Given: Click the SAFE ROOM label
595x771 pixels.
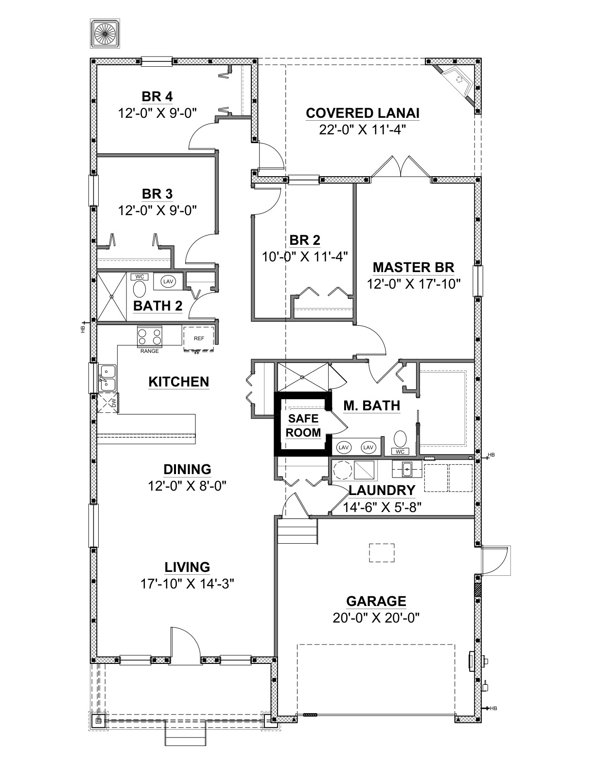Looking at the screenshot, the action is pos(303,425).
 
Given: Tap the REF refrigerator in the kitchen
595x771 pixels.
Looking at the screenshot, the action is pos(199,338).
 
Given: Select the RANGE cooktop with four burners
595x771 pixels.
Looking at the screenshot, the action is pos(150,336).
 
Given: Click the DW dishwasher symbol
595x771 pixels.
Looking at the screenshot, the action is pos(107,403).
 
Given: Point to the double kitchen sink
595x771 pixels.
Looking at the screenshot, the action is pos(107,377).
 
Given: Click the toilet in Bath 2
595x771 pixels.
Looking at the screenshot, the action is pos(139,286).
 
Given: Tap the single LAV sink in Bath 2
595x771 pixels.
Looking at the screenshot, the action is pos(168,281).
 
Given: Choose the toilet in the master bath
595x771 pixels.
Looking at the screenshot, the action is pos(401,442).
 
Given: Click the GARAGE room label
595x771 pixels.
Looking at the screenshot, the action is pos(376,602).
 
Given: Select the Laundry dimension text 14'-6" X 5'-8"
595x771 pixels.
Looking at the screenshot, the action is pos(382,507).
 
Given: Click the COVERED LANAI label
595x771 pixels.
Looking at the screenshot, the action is pos(363,113).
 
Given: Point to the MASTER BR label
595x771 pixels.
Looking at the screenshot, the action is pos(413,267).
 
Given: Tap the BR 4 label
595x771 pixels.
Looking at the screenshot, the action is pos(157,96).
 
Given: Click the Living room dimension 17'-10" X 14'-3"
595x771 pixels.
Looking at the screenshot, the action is pos(188,584).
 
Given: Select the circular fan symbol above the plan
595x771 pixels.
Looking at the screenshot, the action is pos(105,34).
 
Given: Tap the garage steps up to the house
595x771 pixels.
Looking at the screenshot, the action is pos(297,531).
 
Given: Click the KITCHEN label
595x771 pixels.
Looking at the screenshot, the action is pos(179,382).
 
